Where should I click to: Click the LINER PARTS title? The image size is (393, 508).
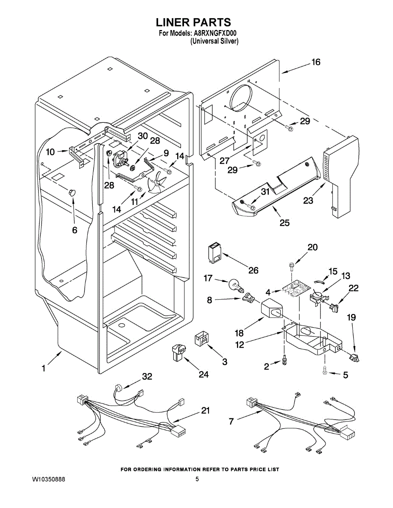(x=193, y=22)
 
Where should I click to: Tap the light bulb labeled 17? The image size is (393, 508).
(x=236, y=285)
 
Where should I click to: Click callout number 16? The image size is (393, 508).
(x=316, y=62)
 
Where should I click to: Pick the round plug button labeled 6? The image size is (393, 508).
(x=72, y=193)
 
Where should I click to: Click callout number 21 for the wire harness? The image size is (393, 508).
(x=205, y=410)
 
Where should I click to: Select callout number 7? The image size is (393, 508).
(x=231, y=421)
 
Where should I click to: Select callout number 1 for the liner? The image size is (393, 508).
(x=43, y=368)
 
